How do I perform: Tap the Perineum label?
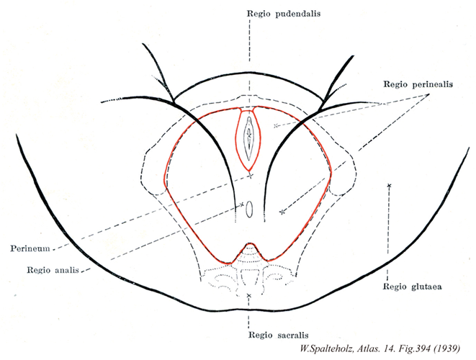30,249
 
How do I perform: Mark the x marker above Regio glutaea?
389,186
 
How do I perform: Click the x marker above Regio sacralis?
248,296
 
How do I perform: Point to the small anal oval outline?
249,210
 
